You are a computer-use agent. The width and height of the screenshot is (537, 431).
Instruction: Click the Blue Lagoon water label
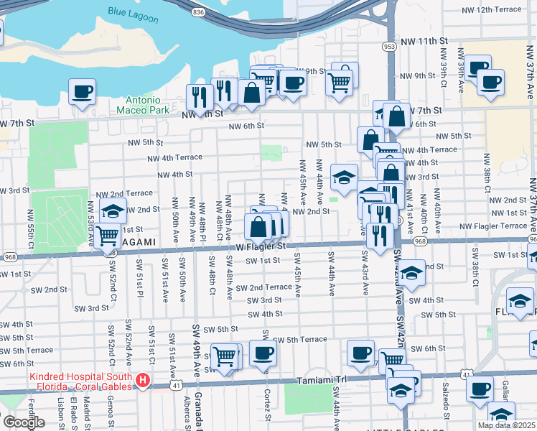point(133,12)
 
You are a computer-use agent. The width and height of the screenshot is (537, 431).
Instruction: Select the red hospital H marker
point(143,380)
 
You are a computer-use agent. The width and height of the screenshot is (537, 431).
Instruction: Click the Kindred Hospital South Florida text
point(80,382)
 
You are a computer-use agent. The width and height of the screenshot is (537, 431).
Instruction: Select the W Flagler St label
point(251,246)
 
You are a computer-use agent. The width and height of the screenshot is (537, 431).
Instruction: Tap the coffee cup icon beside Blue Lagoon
point(82,91)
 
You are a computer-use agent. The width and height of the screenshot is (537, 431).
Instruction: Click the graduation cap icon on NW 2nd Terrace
point(113,210)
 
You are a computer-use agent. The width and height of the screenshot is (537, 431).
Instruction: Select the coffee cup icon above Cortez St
point(263,353)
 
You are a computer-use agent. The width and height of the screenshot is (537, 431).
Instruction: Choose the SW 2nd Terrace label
point(263,287)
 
